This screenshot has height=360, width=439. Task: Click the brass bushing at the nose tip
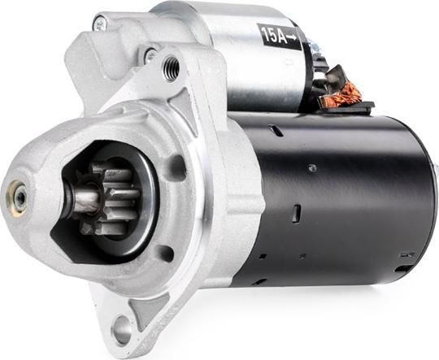pyautogui.click(x=16, y=196)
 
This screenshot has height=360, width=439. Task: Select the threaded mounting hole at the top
pyautogui.click(x=171, y=68)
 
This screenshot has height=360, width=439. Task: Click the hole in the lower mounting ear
pyautogui.click(x=122, y=329)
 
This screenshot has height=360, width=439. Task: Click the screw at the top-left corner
pyautogui.click(x=99, y=24)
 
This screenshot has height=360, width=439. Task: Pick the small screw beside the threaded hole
pyautogui.click(x=150, y=55)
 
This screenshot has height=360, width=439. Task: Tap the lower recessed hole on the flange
pyautogui.click(x=166, y=253)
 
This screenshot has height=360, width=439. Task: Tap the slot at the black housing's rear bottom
pyautogui.click(x=404, y=267)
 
